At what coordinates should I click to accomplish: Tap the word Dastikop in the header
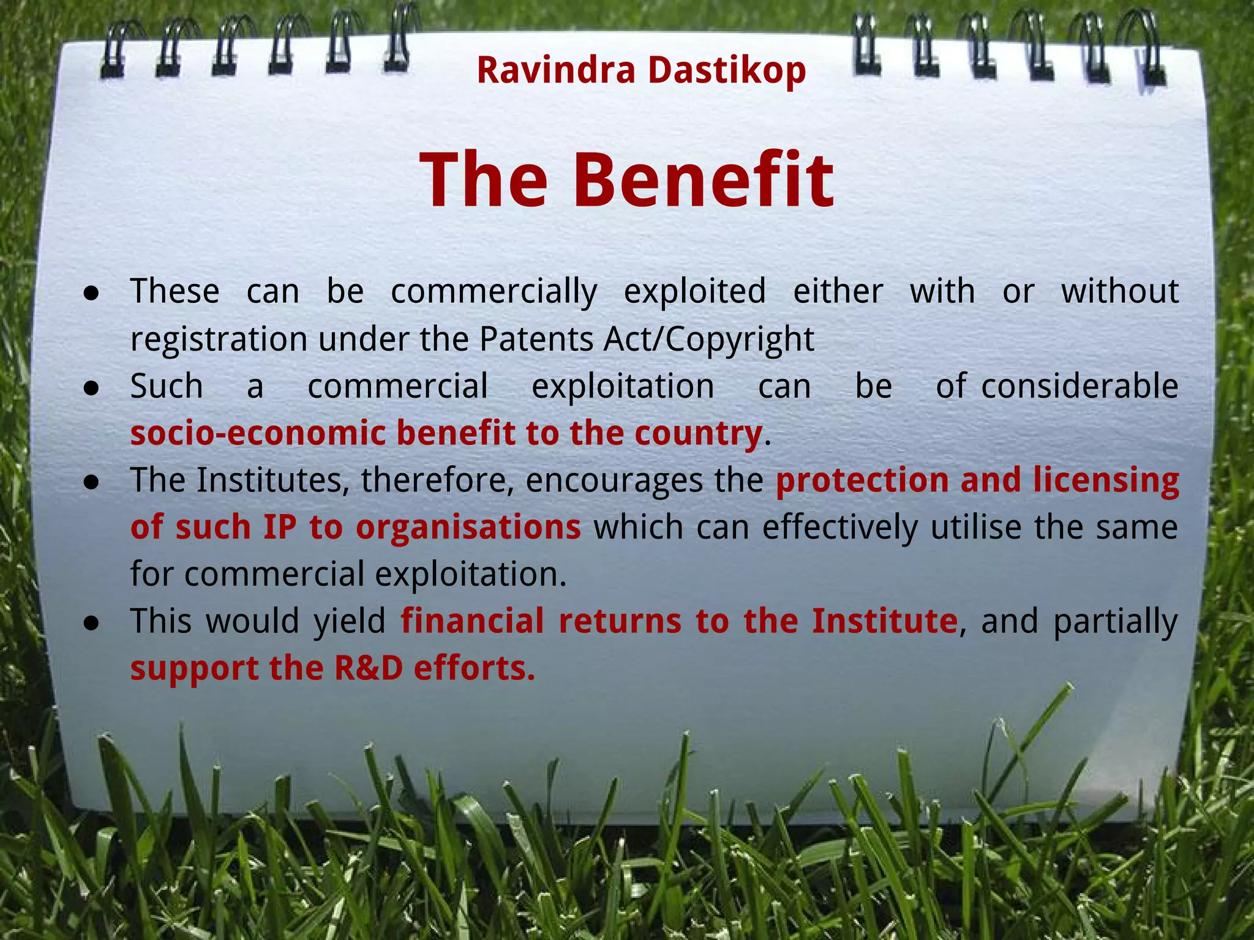tap(727, 71)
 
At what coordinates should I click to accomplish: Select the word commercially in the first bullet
tap(494, 291)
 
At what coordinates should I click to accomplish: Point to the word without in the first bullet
tap(1119, 291)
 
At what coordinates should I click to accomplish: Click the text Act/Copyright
tap(708, 339)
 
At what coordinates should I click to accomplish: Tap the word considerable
tap(1079, 387)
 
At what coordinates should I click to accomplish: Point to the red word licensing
tap(1106, 481)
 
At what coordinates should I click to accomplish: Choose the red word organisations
tap(468, 528)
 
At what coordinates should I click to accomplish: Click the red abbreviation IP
tap(280, 528)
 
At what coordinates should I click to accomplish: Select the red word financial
tap(472, 621)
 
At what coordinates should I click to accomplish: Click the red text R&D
tap(369, 668)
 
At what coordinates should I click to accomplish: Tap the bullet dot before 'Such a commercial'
tap(92, 388)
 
